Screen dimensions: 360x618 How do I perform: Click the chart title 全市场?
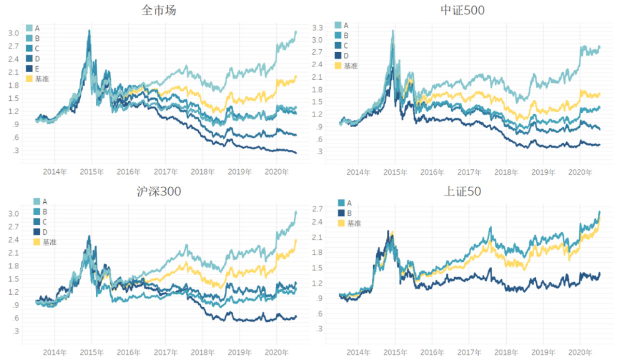point(159,11)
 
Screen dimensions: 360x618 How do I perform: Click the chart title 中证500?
point(462,11)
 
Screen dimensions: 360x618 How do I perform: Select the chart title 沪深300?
point(159,192)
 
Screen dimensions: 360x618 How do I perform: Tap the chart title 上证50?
point(462,192)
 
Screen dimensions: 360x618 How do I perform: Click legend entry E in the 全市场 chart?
point(37,69)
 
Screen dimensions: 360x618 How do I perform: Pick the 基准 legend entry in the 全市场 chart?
point(42,79)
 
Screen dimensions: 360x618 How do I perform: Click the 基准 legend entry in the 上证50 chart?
point(353,223)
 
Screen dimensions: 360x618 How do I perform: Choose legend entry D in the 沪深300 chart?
point(45,232)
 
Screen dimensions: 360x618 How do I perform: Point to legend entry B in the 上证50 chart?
point(349,213)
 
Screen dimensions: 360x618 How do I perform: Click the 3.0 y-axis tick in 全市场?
point(13,33)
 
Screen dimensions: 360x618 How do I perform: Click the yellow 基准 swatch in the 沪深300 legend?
point(37,242)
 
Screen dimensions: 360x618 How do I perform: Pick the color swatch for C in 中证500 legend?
point(338,45)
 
